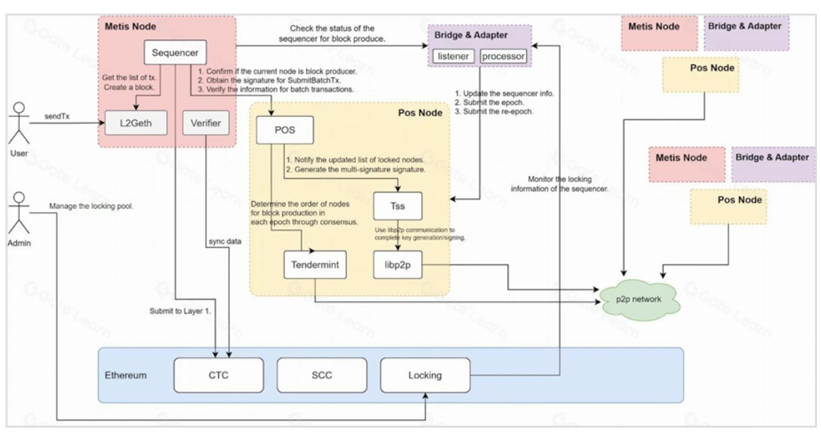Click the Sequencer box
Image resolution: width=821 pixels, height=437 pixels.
(x=175, y=53)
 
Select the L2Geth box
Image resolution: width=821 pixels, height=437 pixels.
(x=136, y=123)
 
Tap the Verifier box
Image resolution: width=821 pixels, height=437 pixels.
(x=206, y=123)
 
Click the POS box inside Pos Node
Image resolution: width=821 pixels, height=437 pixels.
(x=284, y=129)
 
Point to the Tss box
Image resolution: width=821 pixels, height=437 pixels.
(x=398, y=206)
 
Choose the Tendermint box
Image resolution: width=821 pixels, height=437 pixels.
(x=315, y=265)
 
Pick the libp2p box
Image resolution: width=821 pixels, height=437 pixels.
(x=398, y=265)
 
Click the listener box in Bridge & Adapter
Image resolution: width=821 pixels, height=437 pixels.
(x=454, y=56)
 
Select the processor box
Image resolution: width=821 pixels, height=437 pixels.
(x=503, y=56)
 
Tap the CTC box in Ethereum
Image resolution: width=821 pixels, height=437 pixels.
(x=218, y=375)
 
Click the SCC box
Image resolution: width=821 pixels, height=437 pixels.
(x=322, y=375)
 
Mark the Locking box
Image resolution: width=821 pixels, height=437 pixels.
(x=425, y=375)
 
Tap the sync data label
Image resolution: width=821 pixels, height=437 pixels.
(x=226, y=241)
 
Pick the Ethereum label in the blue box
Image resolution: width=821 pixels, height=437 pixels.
(x=125, y=375)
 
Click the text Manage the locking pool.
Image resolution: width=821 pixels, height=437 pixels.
(x=91, y=206)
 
